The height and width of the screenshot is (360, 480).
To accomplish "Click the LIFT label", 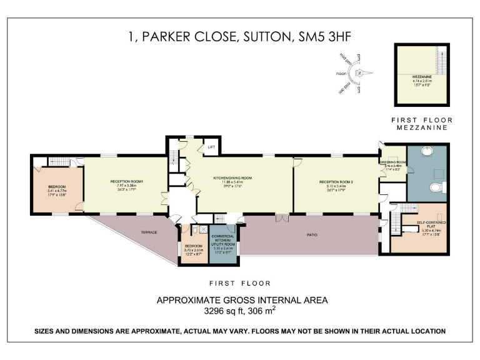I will point(211,147).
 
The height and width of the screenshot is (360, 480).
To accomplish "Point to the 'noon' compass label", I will point(341,73).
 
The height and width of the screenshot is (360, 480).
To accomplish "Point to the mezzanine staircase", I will point(445,62).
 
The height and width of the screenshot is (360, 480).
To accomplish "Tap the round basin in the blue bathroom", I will point(427,151).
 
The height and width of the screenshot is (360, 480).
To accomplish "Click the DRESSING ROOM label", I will point(392,162).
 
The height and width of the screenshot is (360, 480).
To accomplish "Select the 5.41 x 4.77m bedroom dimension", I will point(57,191).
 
